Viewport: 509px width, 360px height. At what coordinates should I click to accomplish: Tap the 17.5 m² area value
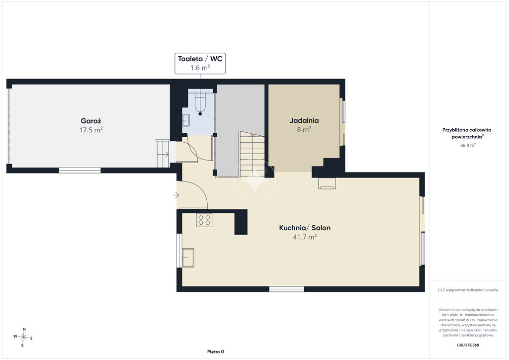[91, 130]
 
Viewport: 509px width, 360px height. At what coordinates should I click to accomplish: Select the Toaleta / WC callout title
[200, 59]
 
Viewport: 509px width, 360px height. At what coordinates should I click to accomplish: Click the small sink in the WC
[186, 120]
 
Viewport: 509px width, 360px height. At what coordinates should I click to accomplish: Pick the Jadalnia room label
[304, 120]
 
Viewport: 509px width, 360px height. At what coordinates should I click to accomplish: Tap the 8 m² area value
[304, 129]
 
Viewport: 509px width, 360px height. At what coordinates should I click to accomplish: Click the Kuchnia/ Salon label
[305, 228]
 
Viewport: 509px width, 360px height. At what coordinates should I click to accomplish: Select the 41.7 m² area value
[305, 237]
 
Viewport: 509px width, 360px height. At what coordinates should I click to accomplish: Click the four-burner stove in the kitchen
[204, 220]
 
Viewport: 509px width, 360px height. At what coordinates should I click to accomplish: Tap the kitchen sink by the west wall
[188, 258]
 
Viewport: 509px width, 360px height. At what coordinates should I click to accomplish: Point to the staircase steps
[252, 154]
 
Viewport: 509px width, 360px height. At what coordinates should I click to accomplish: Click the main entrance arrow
[176, 195]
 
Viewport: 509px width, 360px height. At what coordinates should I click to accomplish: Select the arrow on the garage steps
[165, 154]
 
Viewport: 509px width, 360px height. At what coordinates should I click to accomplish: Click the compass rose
[23, 337]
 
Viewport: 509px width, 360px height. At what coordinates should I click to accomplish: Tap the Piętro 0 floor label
[216, 352]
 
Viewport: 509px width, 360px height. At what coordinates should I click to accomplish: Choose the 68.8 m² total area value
[468, 145]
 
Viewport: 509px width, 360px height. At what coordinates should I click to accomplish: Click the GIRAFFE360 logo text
[468, 345]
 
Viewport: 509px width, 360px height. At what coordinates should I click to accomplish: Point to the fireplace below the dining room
[327, 183]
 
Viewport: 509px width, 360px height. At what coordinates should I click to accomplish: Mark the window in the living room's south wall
[287, 289]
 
